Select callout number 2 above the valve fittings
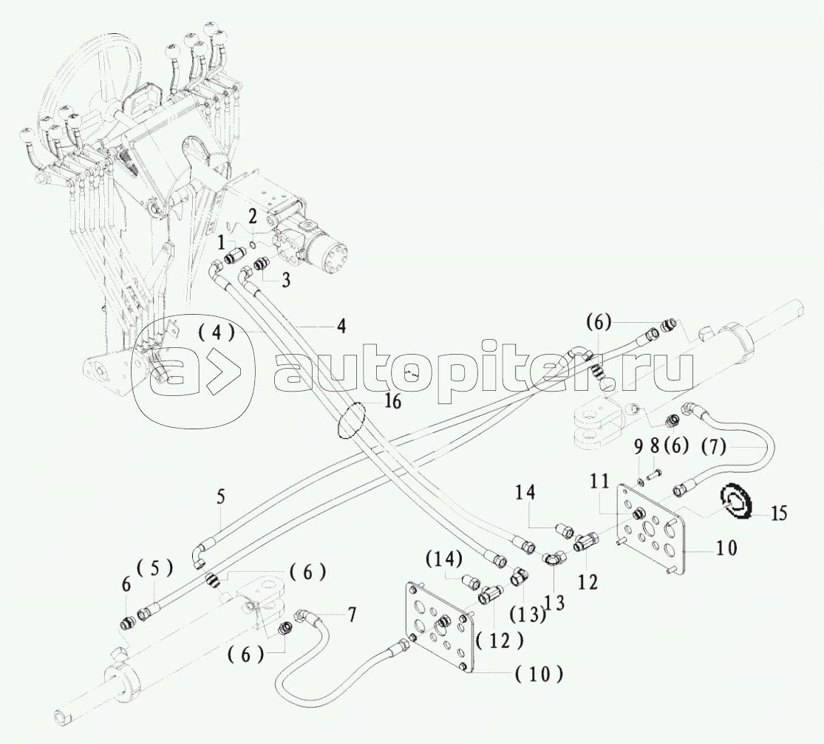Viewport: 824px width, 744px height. tap(252, 216)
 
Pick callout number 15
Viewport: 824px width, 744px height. tap(779, 512)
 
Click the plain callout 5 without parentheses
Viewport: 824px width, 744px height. tap(219, 499)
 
